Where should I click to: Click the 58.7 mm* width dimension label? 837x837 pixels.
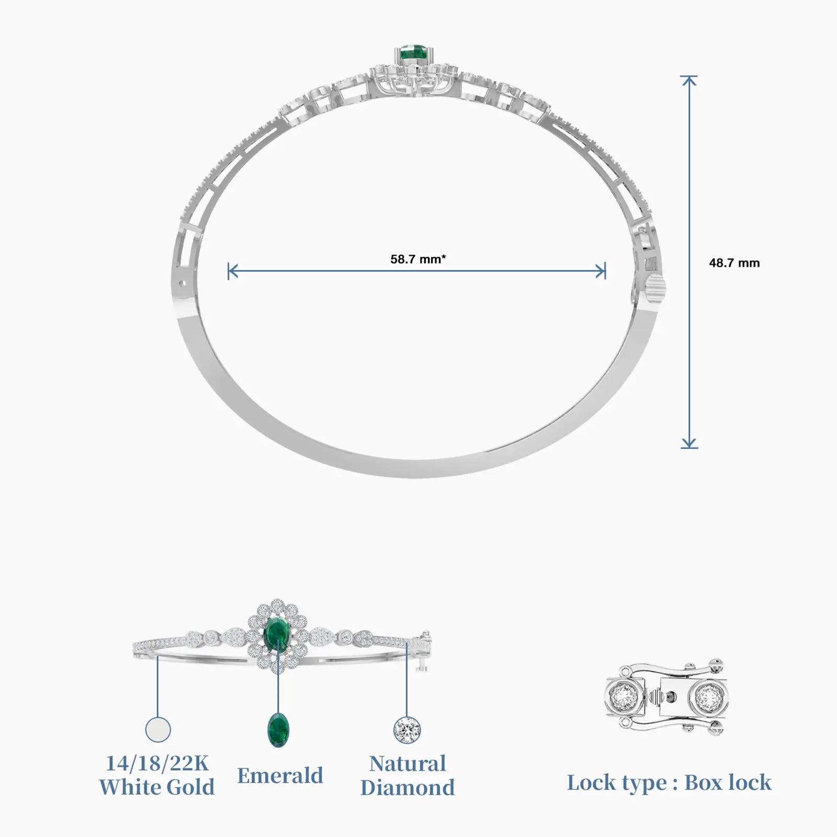click(x=418, y=259)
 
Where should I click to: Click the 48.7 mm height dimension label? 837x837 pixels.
click(x=734, y=263)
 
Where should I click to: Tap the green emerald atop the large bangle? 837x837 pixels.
click(x=414, y=53)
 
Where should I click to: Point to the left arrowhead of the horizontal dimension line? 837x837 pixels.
click(x=233, y=271)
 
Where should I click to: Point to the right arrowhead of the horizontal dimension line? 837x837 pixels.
click(x=601, y=271)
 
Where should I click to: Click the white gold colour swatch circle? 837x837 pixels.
click(x=157, y=729)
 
